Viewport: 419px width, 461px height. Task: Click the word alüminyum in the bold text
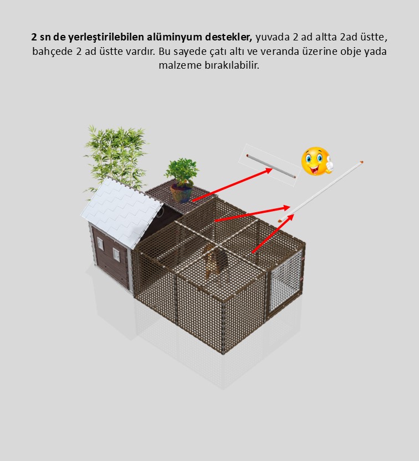175,37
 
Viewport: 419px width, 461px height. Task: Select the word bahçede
52,52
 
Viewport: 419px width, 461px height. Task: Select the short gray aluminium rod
271,166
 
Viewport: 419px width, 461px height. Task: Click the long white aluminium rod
320,191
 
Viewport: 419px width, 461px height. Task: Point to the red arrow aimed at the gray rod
232,185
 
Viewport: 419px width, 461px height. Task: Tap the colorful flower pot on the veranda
181,193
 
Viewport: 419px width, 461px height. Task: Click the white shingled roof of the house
121,210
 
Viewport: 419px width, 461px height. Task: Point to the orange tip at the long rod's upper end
361,162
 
